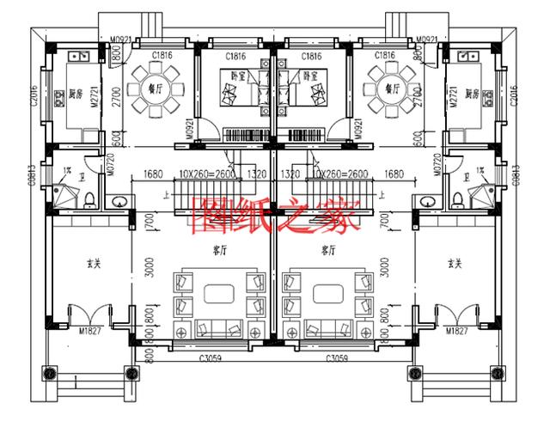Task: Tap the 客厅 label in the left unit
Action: click(217, 251)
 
